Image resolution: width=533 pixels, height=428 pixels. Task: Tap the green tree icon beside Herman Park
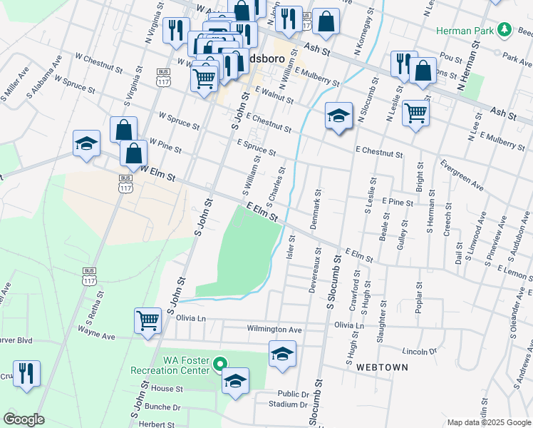coord(504,29)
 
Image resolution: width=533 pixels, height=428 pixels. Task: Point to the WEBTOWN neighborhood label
coord(383,367)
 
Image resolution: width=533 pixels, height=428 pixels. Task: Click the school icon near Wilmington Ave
coord(282,355)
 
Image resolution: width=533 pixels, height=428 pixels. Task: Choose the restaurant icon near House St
coord(27,373)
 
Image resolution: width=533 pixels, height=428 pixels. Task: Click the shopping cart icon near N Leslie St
coord(415,111)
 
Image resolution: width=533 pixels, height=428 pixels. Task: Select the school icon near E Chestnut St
coord(339,116)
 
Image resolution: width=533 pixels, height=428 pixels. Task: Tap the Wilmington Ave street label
coord(274,330)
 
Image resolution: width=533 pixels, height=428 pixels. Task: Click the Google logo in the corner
coord(24,419)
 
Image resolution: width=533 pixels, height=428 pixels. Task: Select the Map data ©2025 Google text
coord(487,422)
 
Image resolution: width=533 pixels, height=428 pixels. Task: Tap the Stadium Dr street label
coord(283,404)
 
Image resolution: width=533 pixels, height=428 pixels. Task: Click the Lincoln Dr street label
coord(419,352)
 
